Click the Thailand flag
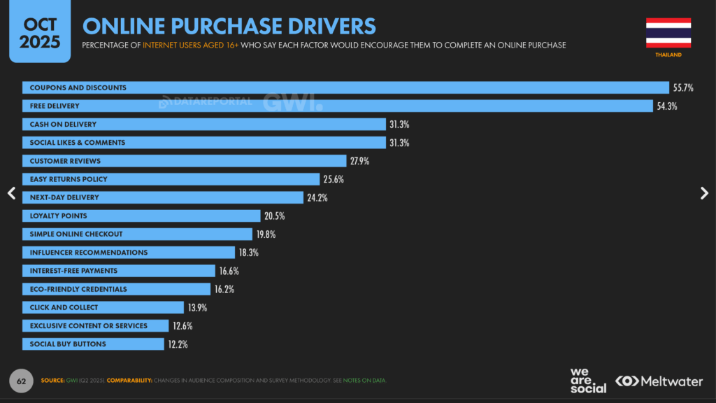tap(668, 33)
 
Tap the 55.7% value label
tap(683, 88)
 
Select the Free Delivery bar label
tap(55, 106)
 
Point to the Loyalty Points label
tap(58, 215)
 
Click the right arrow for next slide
tap(704, 194)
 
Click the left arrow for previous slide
tap(11, 194)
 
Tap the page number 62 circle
tap(21, 381)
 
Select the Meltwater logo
tap(661, 381)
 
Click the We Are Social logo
tap(587, 381)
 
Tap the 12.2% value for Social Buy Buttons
tap(178, 344)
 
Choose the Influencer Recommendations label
tap(88, 253)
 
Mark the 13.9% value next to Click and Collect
tap(197, 308)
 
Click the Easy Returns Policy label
tap(69, 179)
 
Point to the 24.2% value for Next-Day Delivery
tap(317, 198)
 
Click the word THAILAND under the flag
tap(668, 55)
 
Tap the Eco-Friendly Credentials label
tap(78, 289)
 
